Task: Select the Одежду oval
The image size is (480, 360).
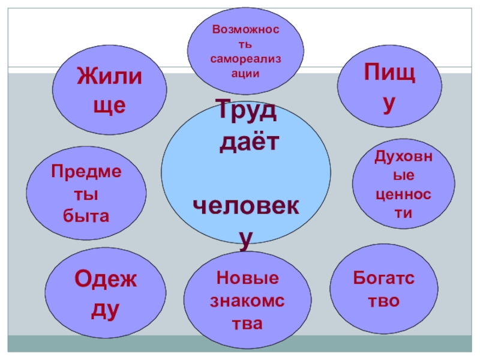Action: (106, 294)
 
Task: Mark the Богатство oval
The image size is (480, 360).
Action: (376, 290)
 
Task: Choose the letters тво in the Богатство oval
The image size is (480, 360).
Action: (377, 300)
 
